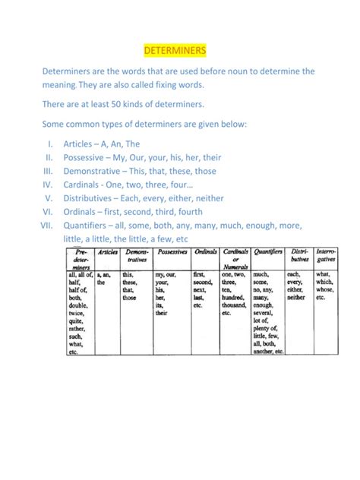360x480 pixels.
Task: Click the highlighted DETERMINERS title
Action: [175, 51]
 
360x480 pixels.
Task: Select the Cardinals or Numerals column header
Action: [236, 258]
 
